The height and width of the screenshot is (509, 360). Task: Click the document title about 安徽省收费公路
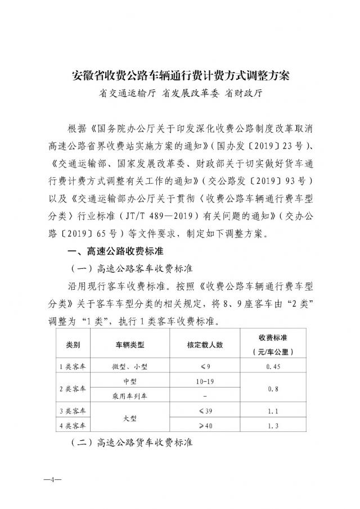tap(180, 75)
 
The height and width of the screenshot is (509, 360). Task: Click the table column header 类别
tap(73, 343)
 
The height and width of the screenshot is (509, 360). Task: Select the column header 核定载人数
tap(202, 343)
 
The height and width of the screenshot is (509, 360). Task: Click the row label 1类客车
tap(73, 367)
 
